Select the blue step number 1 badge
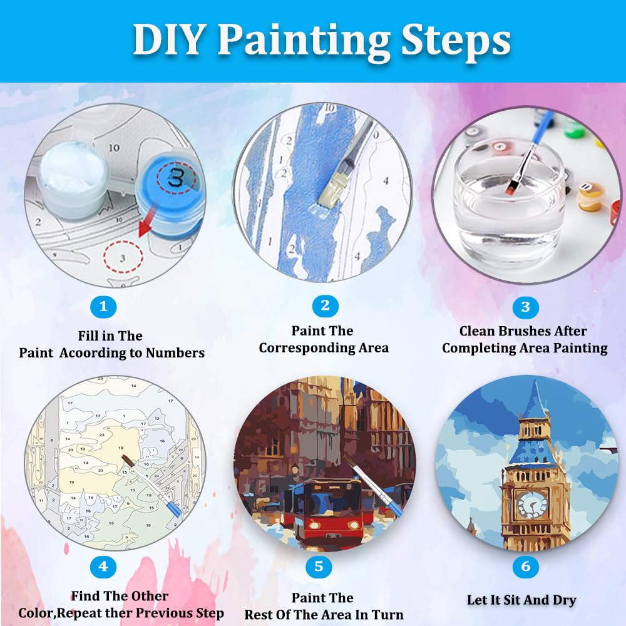click(x=103, y=307)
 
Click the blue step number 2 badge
click(x=325, y=305)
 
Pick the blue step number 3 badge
click(x=525, y=307)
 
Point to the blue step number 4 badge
click(x=103, y=567)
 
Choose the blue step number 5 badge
click(x=319, y=567)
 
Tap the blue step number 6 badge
click(x=525, y=567)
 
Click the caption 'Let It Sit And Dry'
click(x=521, y=600)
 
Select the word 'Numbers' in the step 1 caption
click(x=175, y=353)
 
